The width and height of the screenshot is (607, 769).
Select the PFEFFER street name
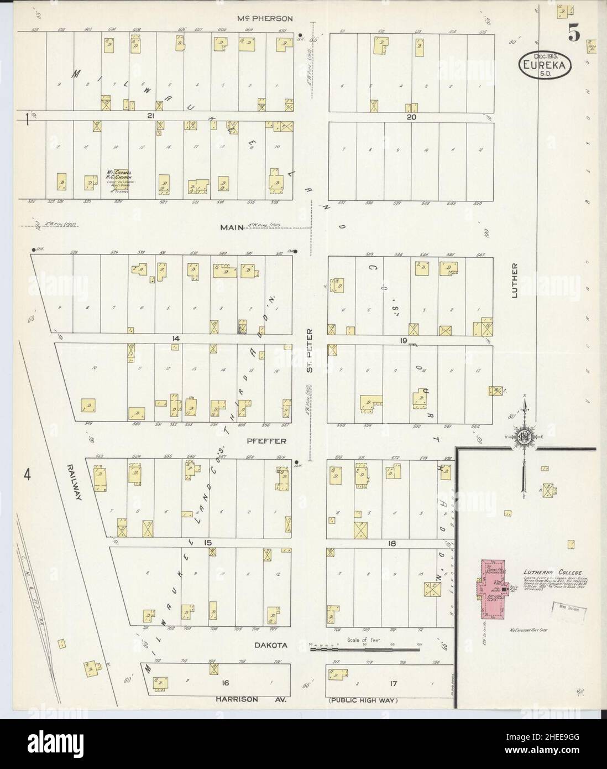pyautogui.click(x=271, y=441)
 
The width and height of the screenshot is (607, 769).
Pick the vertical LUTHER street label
pyautogui.click(x=515, y=280)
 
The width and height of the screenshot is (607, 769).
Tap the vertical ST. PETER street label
pyautogui.click(x=310, y=351)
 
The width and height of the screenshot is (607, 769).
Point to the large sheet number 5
pyautogui.click(x=573, y=34)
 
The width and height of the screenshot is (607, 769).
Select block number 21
pyautogui.click(x=150, y=116)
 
